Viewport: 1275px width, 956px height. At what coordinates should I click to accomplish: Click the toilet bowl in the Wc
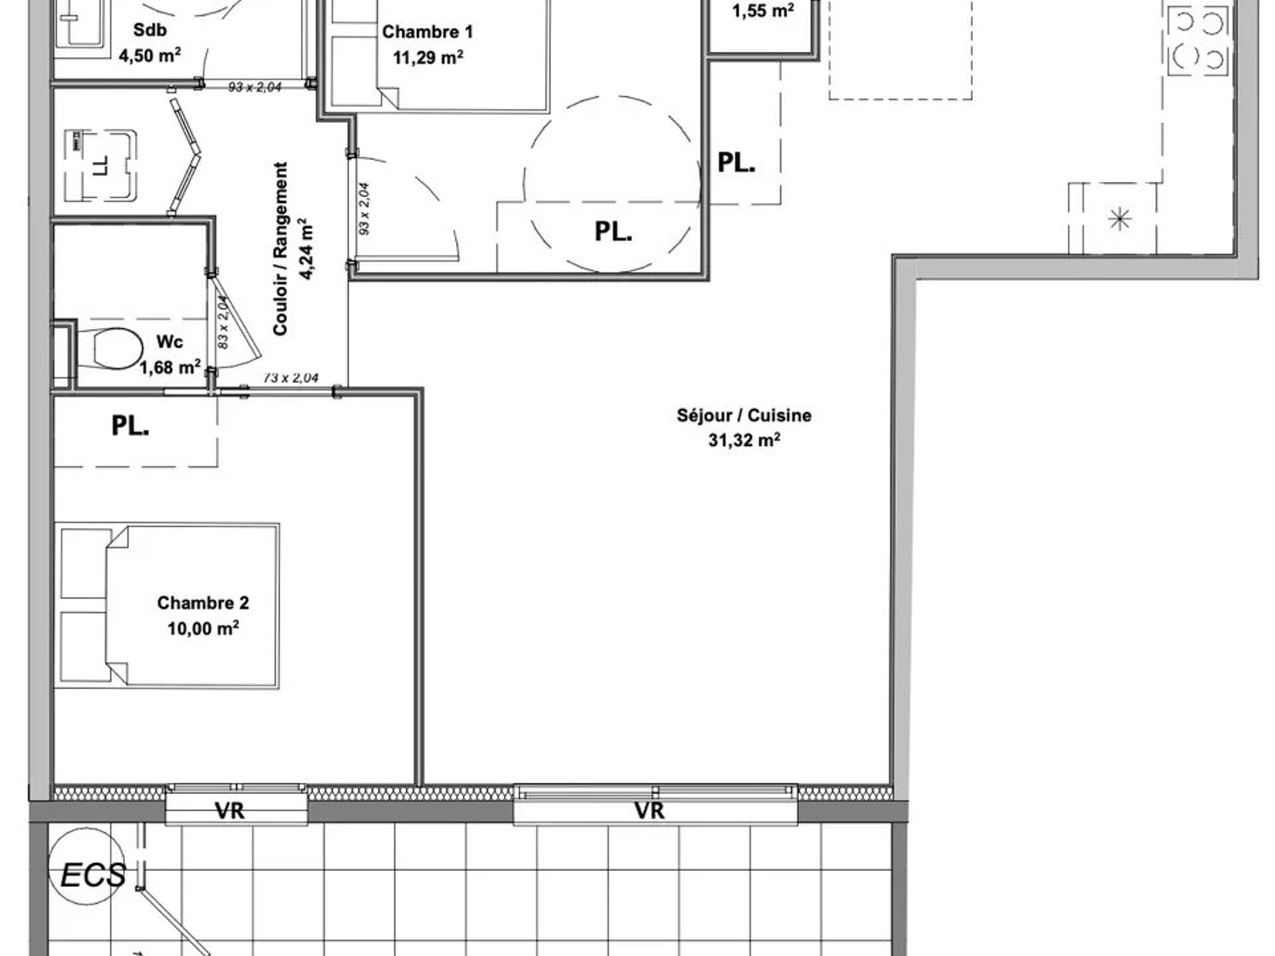coord(118,349)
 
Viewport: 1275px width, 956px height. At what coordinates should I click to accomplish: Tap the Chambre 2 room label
coord(203,603)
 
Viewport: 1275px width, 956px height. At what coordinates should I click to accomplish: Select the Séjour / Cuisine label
coord(744,416)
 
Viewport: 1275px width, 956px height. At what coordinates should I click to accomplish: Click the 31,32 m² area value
coord(744,440)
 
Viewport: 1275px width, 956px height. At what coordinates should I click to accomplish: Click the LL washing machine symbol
coord(101,165)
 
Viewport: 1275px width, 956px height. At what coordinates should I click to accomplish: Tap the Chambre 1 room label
coord(428,32)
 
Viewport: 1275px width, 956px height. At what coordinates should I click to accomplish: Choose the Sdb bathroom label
coord(150,30)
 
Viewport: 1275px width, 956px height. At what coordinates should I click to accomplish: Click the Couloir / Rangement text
coord(281,248)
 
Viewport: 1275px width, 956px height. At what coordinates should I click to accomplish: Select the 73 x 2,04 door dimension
coord(291,378)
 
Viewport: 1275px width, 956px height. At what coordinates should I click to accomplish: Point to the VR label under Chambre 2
coord(230,811)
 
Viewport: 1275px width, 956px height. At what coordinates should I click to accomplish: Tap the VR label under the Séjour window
coord(649,811)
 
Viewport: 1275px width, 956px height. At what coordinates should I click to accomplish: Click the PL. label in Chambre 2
coord(130,426)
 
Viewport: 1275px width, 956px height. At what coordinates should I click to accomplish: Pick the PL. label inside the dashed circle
coord(614,232)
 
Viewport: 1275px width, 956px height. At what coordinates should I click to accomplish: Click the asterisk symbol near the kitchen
coord(1120,218)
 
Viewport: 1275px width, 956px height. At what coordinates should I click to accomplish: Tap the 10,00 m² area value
coord(203,628)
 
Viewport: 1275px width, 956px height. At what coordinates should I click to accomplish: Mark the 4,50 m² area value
coord(150,55)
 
